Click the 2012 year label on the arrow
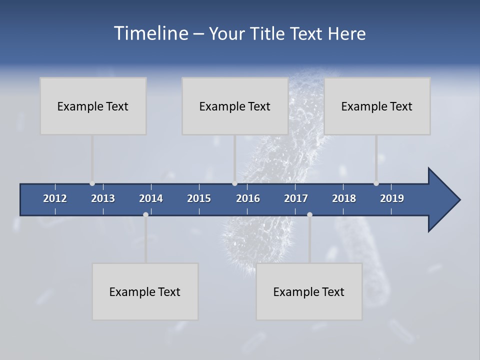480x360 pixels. click(x=55, y=198)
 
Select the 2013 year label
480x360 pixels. click(x=103, y=198)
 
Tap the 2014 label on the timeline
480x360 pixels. click(x=151, y=198)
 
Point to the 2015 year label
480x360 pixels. click(x=199, y=198)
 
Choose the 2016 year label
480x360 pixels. click(x=248, y=198)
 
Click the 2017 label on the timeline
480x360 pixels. click(x=296, y=198)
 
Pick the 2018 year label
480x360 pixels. click(x=344, y=198)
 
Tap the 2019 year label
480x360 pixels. click(x=392, y=198)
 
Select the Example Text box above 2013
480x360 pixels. click(x=93, y=106)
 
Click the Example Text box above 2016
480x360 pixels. click(x=235, y=106)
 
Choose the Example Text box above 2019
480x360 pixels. click(x=377, y=106)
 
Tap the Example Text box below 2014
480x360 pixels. click(x=145, y=291)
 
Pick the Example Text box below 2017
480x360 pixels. click(x=309, y=291)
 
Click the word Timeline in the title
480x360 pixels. click(x=150, y=33)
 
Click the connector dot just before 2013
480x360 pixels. click(x=92, y=183)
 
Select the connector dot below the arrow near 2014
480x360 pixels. click(x=145, y=214)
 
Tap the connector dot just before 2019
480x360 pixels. click(x=376, y=183)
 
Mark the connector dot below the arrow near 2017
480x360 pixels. click(x=309, y=214)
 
